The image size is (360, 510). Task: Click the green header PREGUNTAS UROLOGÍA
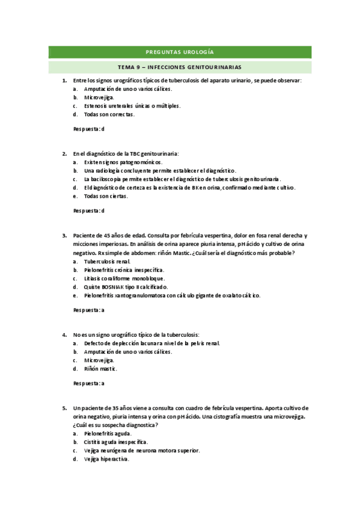pyautogui.click(x=180, y=52)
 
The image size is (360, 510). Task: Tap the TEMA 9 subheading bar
pyautogui.click(x=180, y=67)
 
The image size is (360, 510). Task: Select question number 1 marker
pyautogui.click(x=64, y=80)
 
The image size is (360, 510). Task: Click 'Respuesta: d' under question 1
pyautogui.click(x=88, y=129)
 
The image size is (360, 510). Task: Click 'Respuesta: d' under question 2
pyautogui.click(x=88, y=210)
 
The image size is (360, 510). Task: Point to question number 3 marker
pyautogui.click(x=64, y=235)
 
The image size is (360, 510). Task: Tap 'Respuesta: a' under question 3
pyautogui.click(x=88, y=310)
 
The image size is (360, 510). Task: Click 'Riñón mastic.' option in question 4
pyautogui.click(x=100, y=368)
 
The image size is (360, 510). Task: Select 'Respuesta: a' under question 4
pyautogui.click(x=88, y=383)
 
